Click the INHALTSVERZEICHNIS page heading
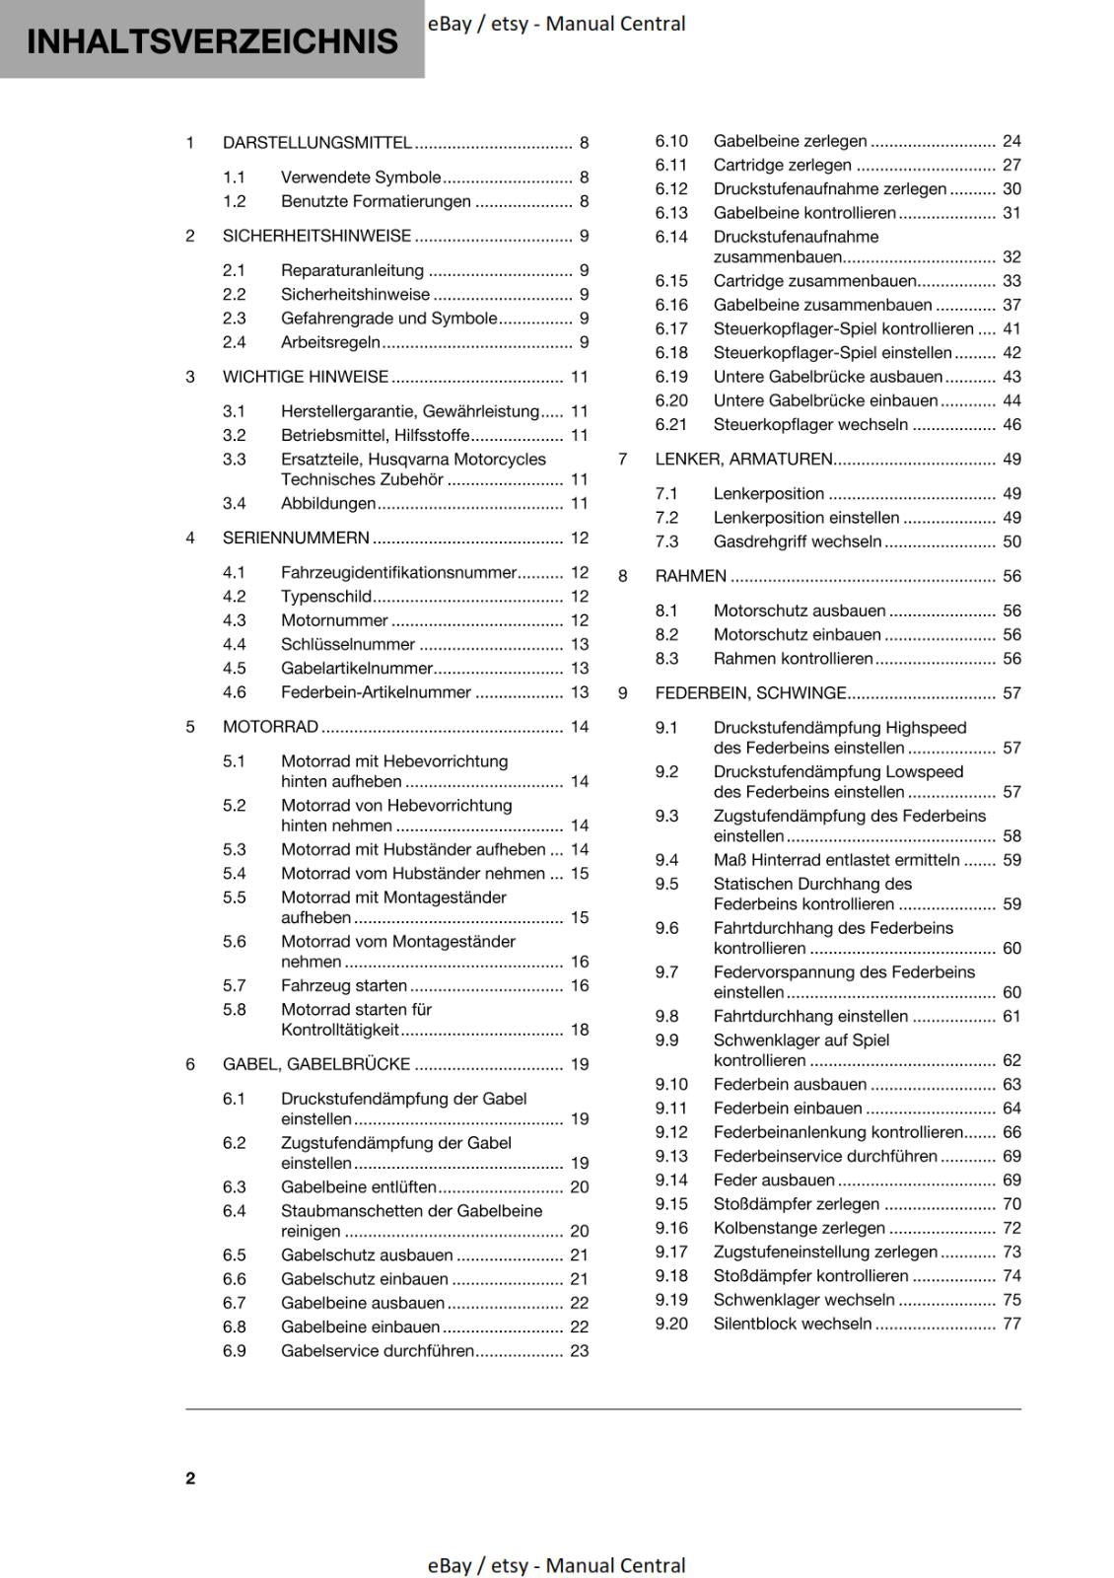coord(212,41)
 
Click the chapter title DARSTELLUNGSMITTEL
coord(316,143)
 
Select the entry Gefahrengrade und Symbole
coord(388,319)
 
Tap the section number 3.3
coord(234,460)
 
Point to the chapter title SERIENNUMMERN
coord(296,538)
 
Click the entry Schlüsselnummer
coord(348,645)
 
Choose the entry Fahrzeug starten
coord(343,986)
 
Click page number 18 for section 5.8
coord(579,1031)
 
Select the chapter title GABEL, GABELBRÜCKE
coord(316,1065)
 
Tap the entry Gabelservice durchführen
coord(377,1352)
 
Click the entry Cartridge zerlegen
coord(782,166)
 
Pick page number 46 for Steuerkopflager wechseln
coord(1011,425)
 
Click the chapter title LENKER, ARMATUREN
coord(743,460)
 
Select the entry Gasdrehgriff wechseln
coord(797,542)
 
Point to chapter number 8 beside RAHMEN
coord(623,577)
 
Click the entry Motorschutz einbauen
coord(797,635)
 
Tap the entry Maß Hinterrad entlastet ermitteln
coord(836,861)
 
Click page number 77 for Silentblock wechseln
coord(1011,1325)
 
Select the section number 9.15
coord(671,1204)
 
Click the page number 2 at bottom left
coord(190,1478)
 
